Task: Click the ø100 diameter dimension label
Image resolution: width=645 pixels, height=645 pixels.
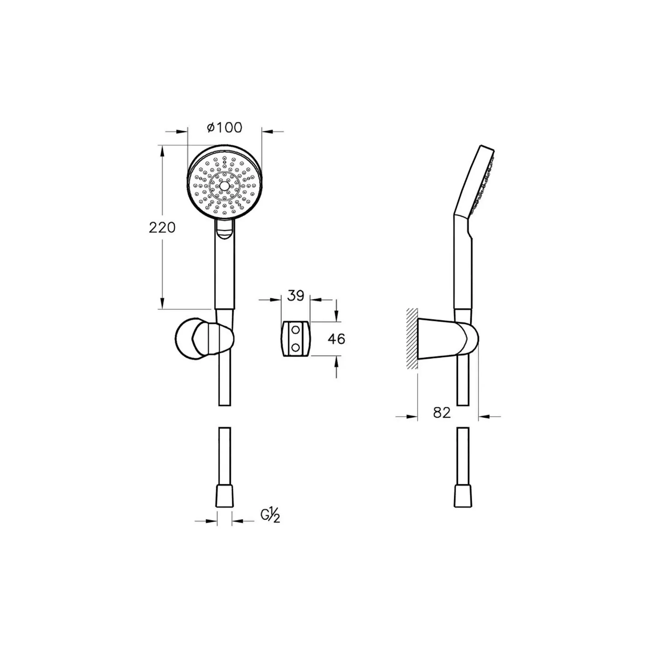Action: [224, 127]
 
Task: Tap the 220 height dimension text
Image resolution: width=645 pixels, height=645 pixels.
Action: [162, 228]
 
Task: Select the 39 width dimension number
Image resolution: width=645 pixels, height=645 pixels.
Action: [296, 296]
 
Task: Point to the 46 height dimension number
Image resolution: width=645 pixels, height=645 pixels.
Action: [336, 339]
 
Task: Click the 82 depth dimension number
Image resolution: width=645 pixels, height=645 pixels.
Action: [442, 413]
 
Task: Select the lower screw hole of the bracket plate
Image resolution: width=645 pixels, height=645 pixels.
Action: [295, 348]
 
